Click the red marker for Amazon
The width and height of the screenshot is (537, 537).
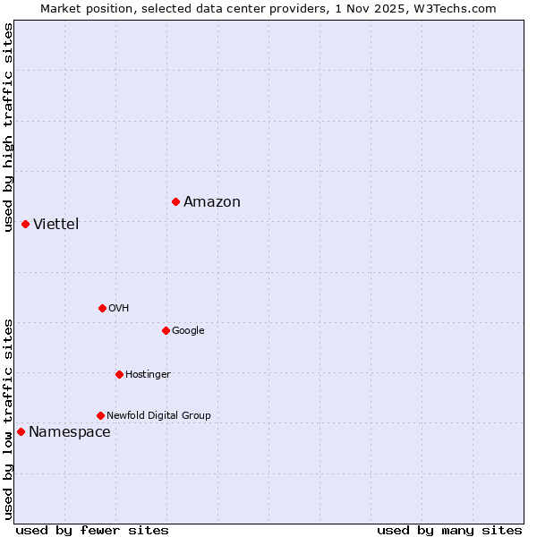tap(175, 201)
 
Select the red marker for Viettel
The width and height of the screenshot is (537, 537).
tap(25, 224)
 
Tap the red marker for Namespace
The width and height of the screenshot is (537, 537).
tap(21, 431)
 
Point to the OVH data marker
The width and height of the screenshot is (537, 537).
tap(102, 308)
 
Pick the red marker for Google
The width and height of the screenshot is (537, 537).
tap(166, 330)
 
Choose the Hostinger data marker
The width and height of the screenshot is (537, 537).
tap(119, 374)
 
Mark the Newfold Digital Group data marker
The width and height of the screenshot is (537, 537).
tap(100, 415)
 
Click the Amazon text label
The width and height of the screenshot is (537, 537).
tap(212, 201)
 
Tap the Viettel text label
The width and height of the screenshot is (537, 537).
tap(56, 224)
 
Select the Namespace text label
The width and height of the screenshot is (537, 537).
tap(70, 432)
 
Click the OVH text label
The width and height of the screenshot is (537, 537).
tap(119, 308)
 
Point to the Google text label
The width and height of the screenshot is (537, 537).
tap(188, 330)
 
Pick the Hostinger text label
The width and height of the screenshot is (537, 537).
tap(148, 374)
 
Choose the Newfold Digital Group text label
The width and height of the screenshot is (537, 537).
tap(158, 415)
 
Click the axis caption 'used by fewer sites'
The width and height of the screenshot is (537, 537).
tap(92, 530)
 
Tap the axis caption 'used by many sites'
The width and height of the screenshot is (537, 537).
tap(449, 530)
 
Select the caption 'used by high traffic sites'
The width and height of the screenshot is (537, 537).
tap(8, 127)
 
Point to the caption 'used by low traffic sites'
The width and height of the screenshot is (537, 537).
tap(8, 419)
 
